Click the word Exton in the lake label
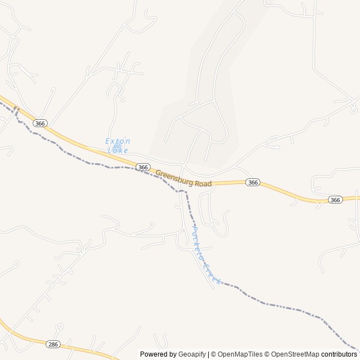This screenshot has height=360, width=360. click(117, 141)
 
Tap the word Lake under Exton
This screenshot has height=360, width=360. click(118, 150)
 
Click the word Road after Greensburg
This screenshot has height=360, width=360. click(204, 183)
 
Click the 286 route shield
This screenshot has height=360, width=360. click(53, 343)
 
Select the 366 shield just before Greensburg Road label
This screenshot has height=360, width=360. click(143, 167)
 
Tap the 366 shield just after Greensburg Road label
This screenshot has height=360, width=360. click(253, 182)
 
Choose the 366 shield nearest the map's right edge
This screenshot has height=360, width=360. click(335, 200)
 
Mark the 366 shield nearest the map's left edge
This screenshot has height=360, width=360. click(39, 123)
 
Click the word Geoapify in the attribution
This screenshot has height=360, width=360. click(192, 354)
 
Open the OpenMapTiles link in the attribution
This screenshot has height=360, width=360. click(240, 354)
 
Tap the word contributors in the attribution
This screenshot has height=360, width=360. click(339, 354)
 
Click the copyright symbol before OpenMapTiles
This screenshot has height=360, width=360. click(214, 354)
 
